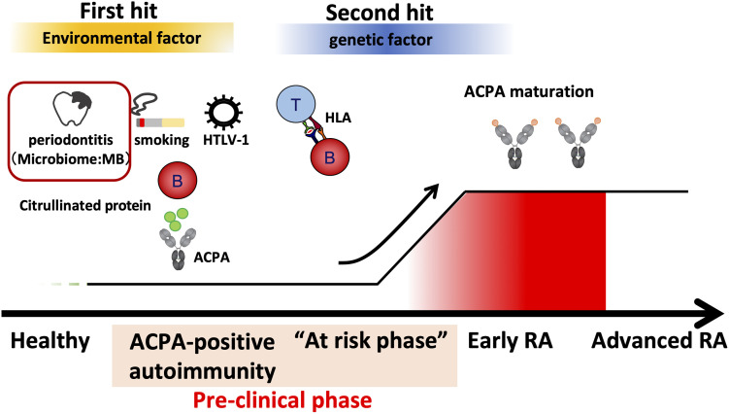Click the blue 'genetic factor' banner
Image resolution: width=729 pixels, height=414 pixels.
[358, 41]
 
